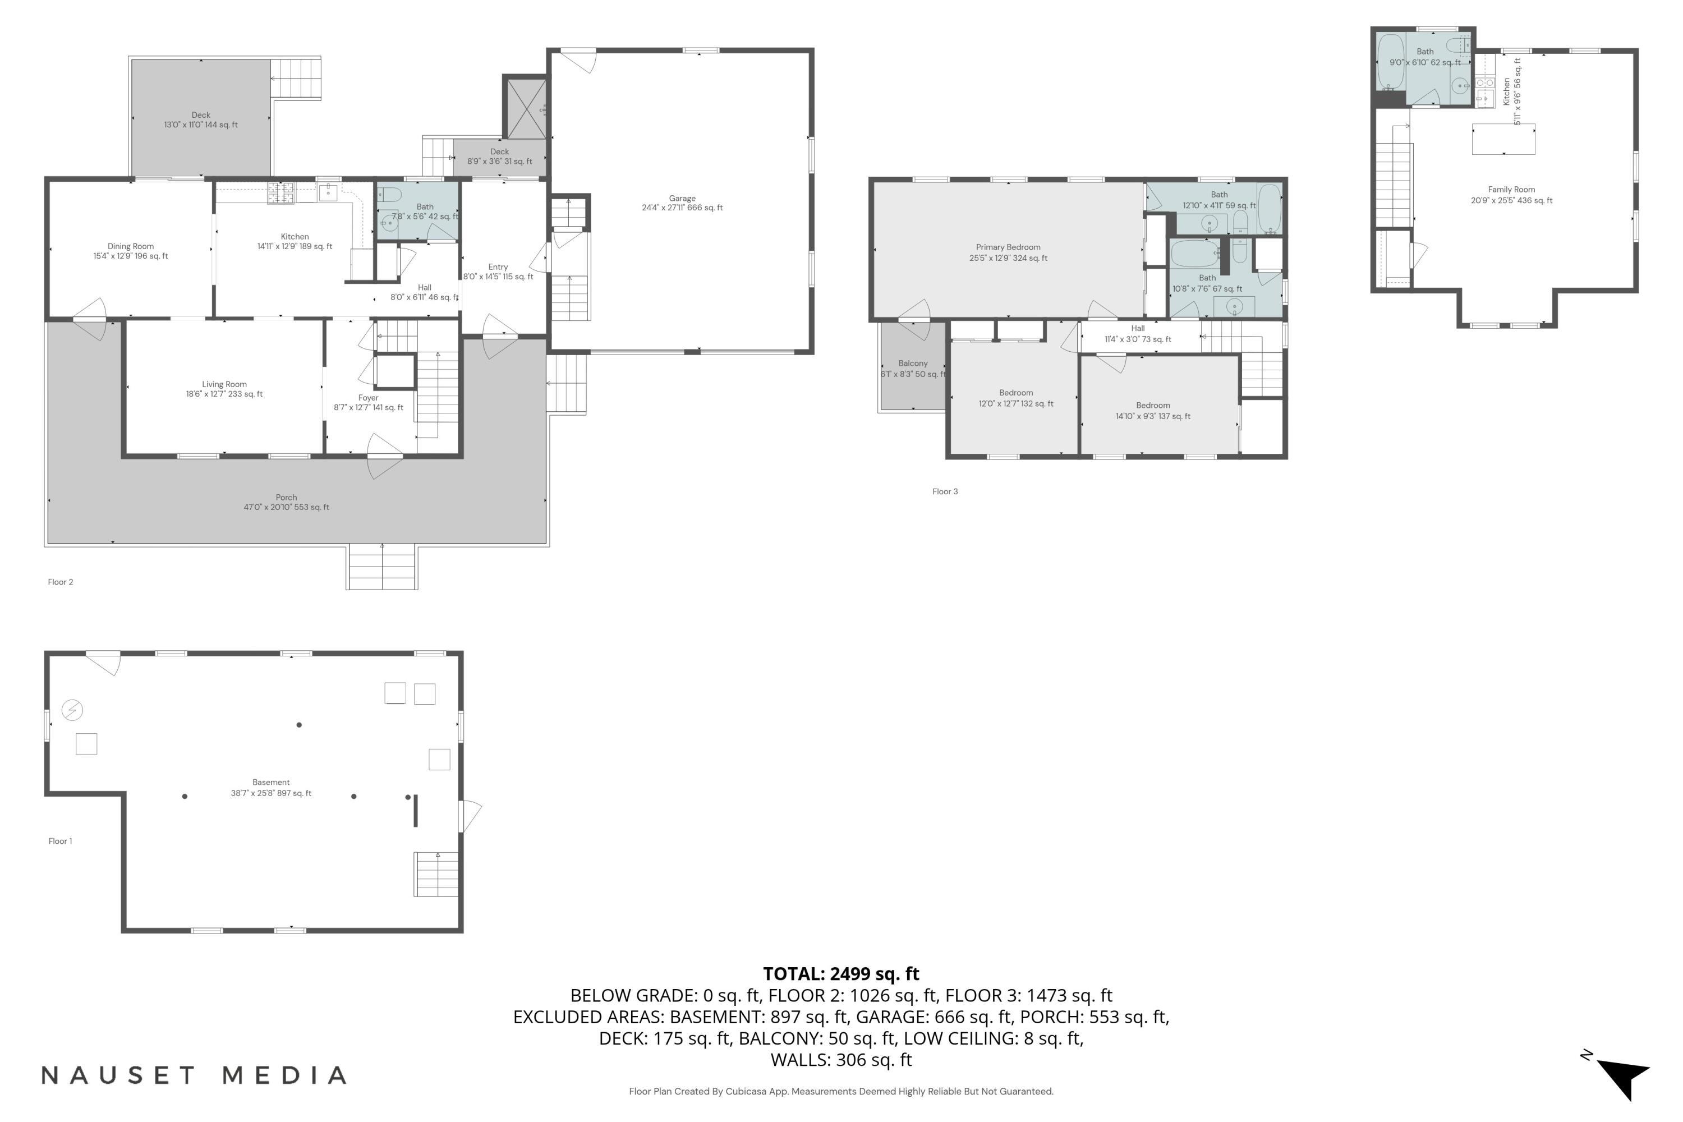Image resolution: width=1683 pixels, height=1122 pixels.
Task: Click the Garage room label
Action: pyautogui.click(x=682, y=203)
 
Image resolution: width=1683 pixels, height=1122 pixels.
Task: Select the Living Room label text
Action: pyautogui.click(x=224, y=389)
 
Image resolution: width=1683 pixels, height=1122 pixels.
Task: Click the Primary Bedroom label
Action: pyautogui.click(x=1008, y=252)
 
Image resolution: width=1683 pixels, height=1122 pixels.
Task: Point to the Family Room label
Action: pyautogui.click(x=1511, y=195)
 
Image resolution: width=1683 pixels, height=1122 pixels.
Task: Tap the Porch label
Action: pyautogui.click(x=286, y=502)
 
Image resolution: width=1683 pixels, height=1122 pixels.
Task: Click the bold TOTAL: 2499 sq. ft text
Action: pyautogui.click(x=841, y=974)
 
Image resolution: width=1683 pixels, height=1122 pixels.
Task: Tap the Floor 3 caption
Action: pyautogui.click(x=945, y=491)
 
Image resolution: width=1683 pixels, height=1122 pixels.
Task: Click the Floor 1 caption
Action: pyautogui.click(x=60, y=841)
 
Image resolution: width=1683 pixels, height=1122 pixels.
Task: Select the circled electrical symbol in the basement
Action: pyautogui.click(x=72, y=710)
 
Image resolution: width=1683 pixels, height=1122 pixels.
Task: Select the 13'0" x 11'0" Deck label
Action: pyautogui.click(x=201, y=119)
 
